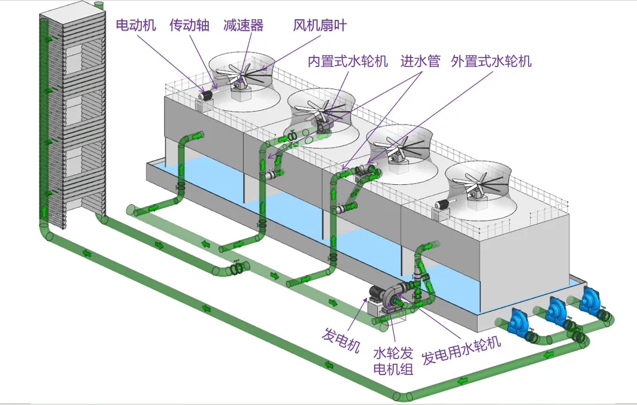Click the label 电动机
click(136, 25)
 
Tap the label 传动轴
click(189, 25)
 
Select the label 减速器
click(243, 25)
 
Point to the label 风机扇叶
click(320, 25)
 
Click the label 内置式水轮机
click(348, 61)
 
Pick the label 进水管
click(420, 61)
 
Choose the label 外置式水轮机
click(491, 61)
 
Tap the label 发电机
click(341, 340)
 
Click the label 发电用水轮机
click(462, 351)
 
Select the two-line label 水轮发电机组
click(393, 361)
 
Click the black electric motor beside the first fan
click(205, 96)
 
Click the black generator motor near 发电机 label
click(377, 294)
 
